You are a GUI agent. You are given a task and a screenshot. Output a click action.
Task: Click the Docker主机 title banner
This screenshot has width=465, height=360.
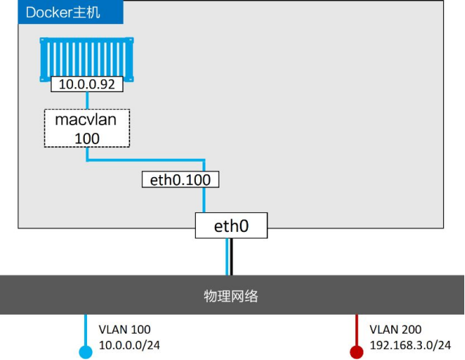click(71, 12)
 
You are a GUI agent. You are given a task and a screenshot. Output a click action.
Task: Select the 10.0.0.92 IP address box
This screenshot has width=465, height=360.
click(87, 84)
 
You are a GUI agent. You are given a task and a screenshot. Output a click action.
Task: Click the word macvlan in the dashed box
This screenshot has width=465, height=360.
click(86, 120)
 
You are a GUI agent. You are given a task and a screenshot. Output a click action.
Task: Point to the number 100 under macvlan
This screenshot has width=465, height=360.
click(87, 138)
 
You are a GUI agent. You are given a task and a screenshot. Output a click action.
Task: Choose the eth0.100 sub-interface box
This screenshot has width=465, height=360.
click(181, 179)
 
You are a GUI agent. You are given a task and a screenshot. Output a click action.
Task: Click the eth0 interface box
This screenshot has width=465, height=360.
click(231, 225)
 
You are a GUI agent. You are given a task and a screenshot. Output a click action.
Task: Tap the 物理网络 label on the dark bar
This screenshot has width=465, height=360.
click(231, 296)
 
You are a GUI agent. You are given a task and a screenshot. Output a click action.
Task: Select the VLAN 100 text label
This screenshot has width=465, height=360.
click(124, 329)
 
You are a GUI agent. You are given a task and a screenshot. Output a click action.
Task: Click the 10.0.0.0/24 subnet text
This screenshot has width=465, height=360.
click(129, 345)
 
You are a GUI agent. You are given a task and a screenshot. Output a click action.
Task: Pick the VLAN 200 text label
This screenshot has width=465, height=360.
click(396, 329)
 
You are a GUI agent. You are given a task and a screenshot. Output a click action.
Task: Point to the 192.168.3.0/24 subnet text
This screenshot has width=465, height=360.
click(410, 345)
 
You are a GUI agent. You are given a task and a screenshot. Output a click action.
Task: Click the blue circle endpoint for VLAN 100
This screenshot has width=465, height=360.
click(86, 352)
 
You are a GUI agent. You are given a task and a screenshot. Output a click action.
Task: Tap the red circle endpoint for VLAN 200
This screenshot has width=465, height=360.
click(357, 352)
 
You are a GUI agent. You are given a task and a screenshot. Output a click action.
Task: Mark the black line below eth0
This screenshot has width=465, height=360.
click(231, 257)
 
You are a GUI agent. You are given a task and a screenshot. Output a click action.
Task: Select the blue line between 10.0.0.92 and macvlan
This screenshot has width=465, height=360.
click(87, 101)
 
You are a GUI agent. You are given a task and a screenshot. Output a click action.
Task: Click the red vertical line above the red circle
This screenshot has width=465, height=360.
click(357, 330)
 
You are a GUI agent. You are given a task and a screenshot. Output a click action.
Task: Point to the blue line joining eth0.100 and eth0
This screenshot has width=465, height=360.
click(204, 200)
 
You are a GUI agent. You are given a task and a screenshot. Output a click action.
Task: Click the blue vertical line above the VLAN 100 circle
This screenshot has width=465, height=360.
click(86, 330)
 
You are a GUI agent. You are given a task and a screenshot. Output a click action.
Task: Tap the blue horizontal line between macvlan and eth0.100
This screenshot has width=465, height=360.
click(145, 160)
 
